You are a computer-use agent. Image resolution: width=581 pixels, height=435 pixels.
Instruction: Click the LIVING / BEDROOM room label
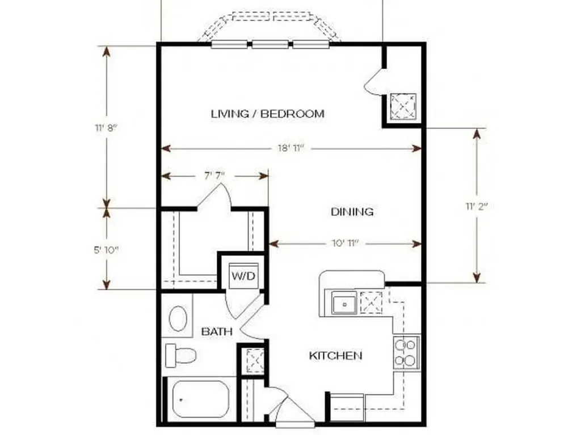pos(268,113)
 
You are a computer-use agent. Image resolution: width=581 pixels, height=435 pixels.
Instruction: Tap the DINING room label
pos(352,212)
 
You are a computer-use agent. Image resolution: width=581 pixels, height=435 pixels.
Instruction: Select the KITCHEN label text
pos(335,356)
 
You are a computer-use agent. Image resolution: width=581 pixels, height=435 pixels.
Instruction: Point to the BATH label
pos(217,331)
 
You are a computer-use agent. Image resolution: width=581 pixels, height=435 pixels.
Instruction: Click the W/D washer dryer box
pos(243,276)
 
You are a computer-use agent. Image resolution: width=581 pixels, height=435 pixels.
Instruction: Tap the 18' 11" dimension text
pos(291,148)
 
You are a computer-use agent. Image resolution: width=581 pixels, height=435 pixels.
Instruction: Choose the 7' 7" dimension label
pos(214,176)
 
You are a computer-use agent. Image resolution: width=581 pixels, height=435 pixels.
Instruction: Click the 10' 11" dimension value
pos(346,244)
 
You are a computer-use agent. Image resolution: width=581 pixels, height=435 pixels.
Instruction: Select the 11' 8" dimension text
pos(106,128)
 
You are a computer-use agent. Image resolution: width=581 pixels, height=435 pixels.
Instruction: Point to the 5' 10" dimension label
pos(106,250)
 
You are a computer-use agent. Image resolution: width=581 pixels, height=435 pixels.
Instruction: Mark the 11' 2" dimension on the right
pos(477,206)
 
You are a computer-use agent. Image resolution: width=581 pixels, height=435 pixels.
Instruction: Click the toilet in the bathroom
pos(180,355)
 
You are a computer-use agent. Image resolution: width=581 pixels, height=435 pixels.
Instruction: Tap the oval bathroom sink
pos(178,318)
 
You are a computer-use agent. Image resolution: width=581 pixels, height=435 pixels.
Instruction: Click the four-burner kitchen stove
pos(406,352)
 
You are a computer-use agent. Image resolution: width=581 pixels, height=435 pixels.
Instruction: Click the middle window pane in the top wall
pos(270,45)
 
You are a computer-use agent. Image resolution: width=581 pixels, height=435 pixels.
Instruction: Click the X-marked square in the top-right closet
pos(403,106)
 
